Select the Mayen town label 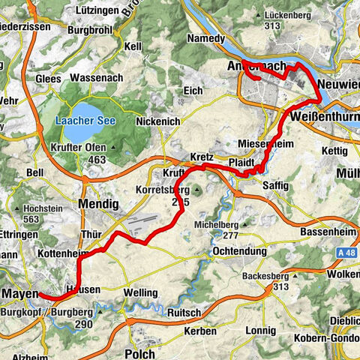[19, 293]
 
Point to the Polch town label [140, 353]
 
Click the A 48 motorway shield [346, 254]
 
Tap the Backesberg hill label [266, 276]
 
